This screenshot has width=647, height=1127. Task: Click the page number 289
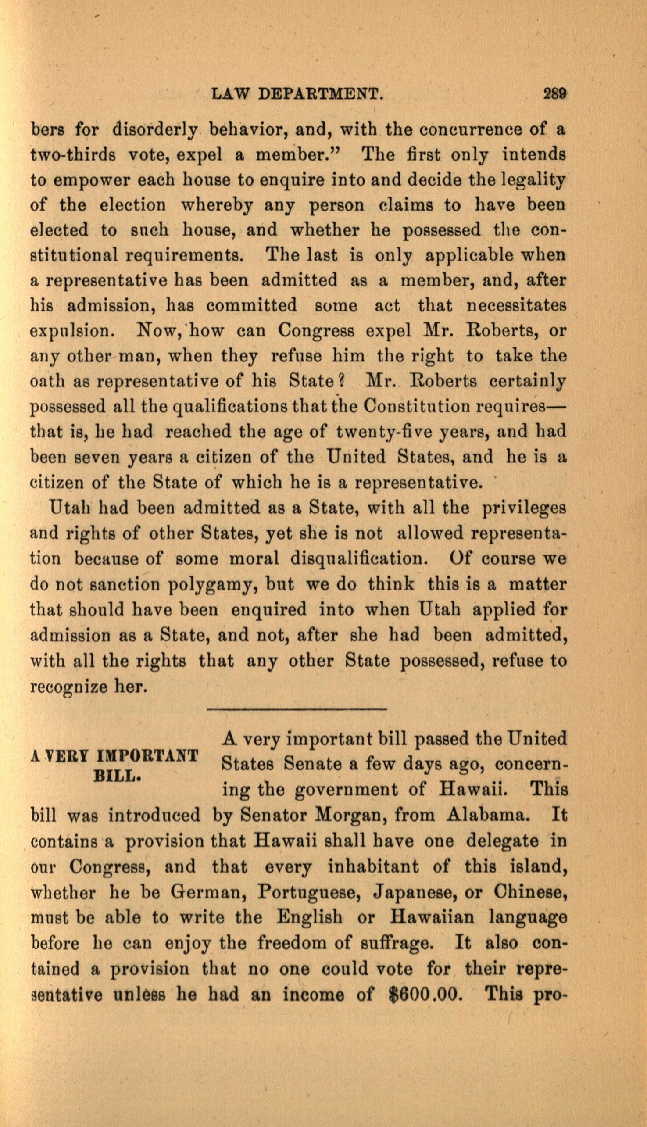click(554, 95)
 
